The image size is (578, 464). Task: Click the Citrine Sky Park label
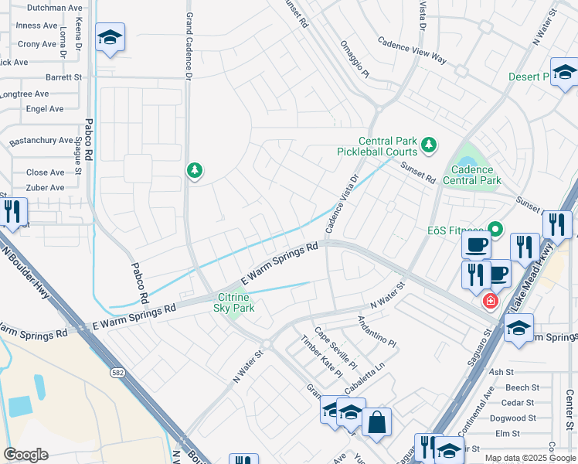[233, 302]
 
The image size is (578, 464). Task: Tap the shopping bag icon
[376, 422]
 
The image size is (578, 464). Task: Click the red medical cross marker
[489, 301]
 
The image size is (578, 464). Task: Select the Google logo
[25, 455]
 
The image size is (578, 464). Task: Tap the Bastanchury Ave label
[42, 142]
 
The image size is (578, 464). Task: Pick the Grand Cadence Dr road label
[189, 39]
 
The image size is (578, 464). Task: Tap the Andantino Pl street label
[376, 330]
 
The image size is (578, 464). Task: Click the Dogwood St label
[517, 418]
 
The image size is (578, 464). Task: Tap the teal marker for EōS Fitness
[495, 230]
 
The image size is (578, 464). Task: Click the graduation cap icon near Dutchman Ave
[110, 37]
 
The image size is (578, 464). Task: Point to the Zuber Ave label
[46, 188]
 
